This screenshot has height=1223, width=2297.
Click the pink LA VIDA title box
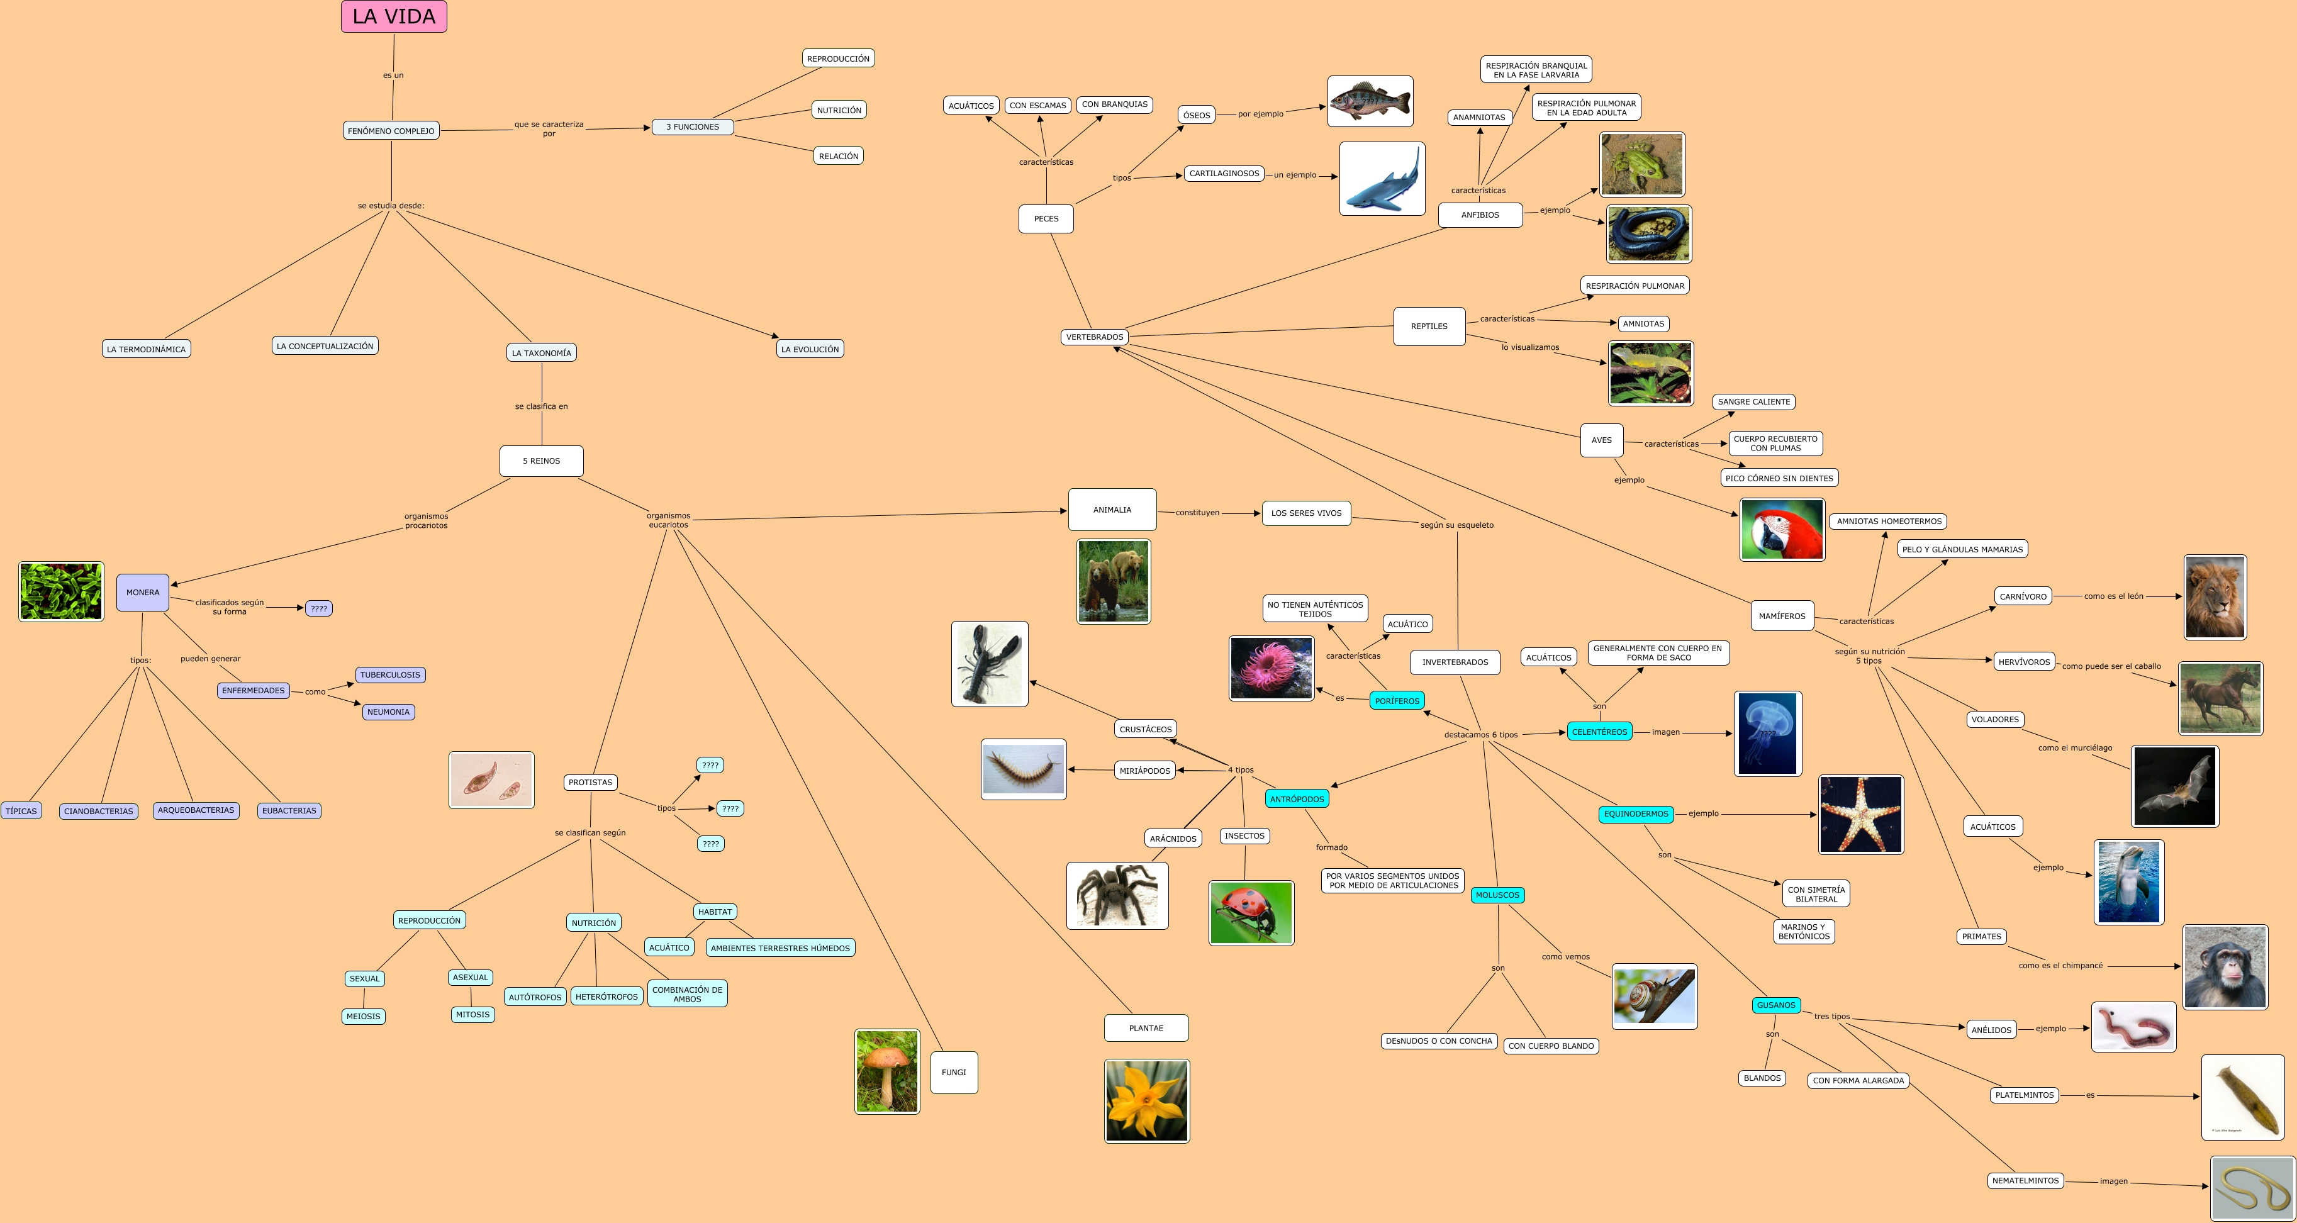coord(393,17)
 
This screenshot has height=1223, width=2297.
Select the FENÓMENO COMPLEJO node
coord(391,131)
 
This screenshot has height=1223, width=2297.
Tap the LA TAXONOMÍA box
coord(541,353)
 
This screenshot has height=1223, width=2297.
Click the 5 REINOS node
coord(541,461)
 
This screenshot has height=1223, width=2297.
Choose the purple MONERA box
coord(143,592)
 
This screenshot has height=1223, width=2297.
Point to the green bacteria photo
coord(60,591)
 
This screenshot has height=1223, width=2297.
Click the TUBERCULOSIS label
coord(389,675)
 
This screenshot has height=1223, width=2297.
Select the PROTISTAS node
coord(590,783)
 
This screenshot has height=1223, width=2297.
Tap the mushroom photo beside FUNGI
coord(886,1071)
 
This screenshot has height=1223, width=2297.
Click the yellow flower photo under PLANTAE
coord(1147,1101)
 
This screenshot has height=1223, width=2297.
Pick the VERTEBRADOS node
coord(1094,337)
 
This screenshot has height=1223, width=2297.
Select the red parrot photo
coord(1782,530)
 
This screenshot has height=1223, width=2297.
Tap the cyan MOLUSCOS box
coord(1497,895)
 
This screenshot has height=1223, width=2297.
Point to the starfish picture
coord(1861,814)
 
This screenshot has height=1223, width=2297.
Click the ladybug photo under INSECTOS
coord(1251,913)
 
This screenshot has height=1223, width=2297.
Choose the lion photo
coord(2215,597)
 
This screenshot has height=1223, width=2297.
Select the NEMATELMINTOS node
coord(2025,1180)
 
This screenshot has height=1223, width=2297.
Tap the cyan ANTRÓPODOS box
coord(1297,799)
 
